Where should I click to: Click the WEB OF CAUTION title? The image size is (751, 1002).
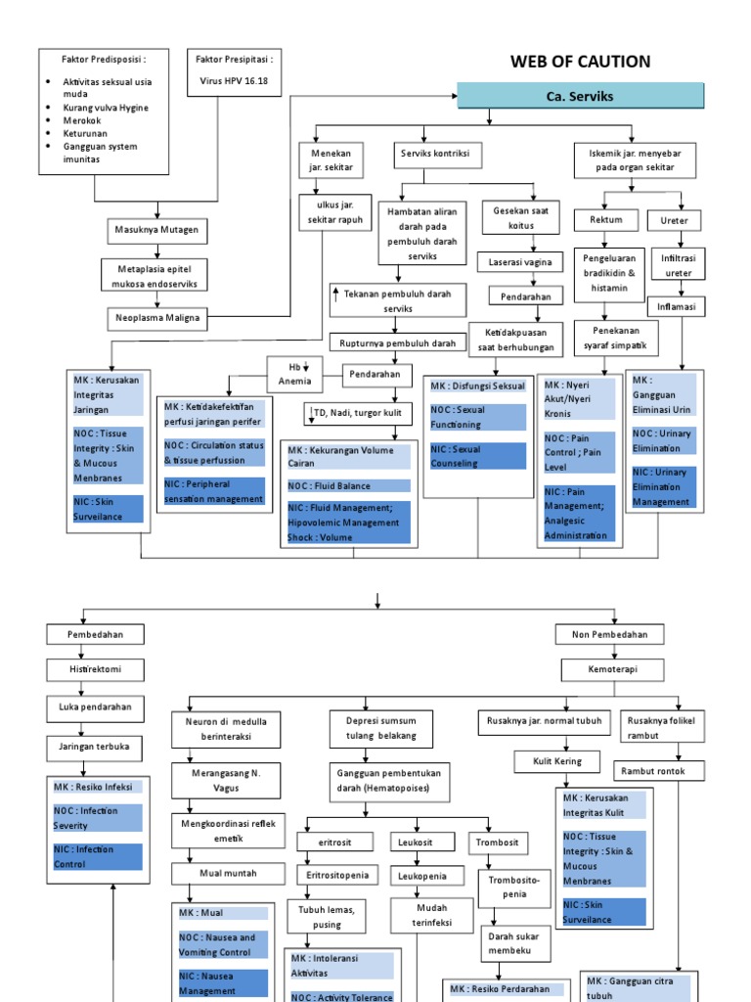coord(580,62)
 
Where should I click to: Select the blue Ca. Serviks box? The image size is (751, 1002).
coord(581,96)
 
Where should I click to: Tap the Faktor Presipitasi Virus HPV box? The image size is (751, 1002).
coord(234,71)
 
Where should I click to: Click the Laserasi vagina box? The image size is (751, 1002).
coord(520,262)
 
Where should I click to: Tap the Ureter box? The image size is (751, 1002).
coord(674,220)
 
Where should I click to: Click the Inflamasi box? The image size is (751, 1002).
coord(676,305)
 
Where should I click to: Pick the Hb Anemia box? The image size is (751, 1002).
coord(294,374)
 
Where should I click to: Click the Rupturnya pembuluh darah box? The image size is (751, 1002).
coord(397,343)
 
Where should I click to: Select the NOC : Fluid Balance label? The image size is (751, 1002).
coord(347,485)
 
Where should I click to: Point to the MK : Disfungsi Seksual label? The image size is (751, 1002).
coord(478,387)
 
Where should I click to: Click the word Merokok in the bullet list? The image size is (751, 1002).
coord(84,121)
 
